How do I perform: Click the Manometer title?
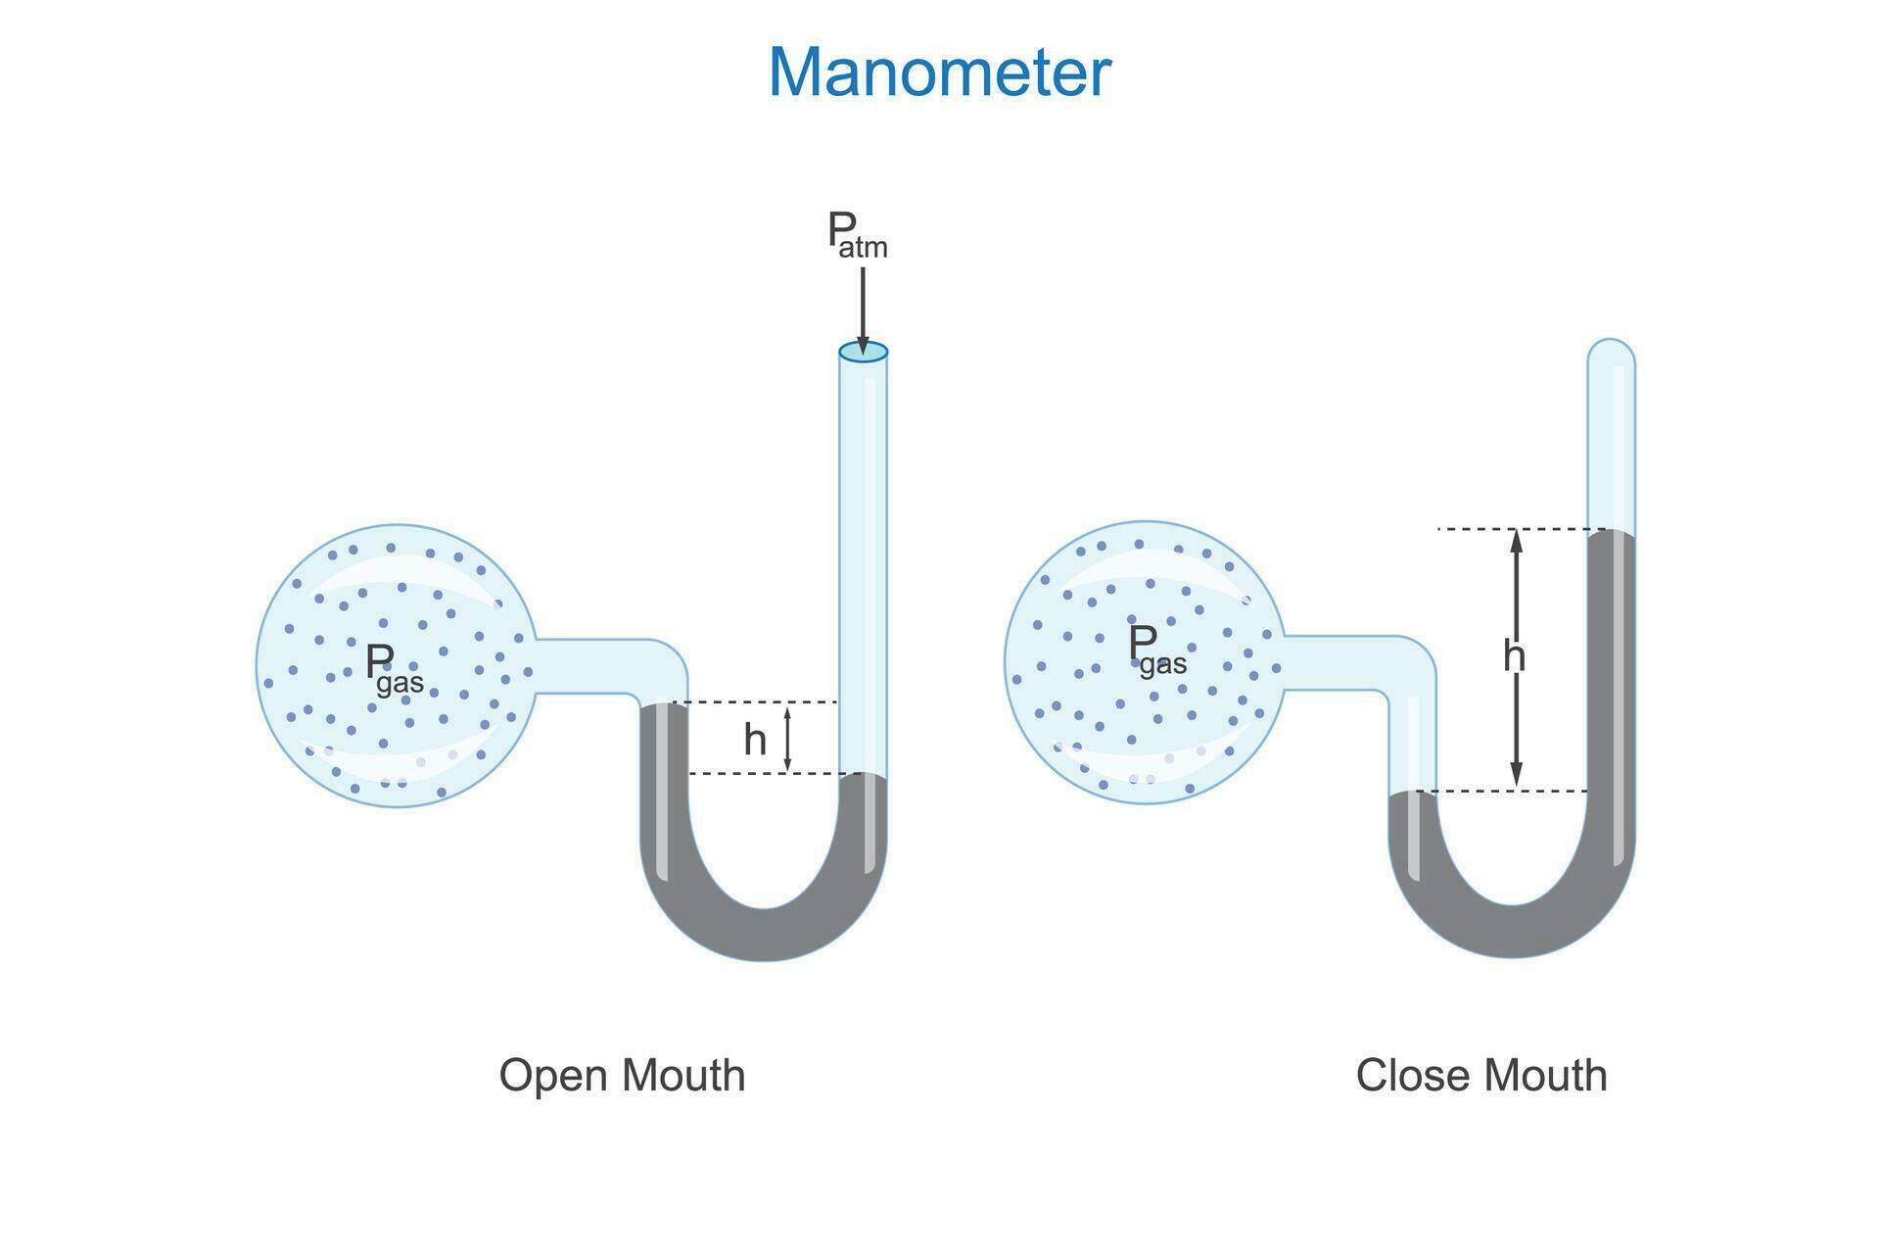(939, 72)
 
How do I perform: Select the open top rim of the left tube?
(863, 352)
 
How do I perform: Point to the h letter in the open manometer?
(754, 740)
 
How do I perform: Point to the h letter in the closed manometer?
(1514, 656)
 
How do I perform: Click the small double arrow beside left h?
(787, 738)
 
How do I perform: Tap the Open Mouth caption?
(622, 1075)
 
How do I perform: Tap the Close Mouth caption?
(1480, 1075)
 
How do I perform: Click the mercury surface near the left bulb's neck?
(665, 704)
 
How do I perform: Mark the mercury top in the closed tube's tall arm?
(1611, 532)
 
